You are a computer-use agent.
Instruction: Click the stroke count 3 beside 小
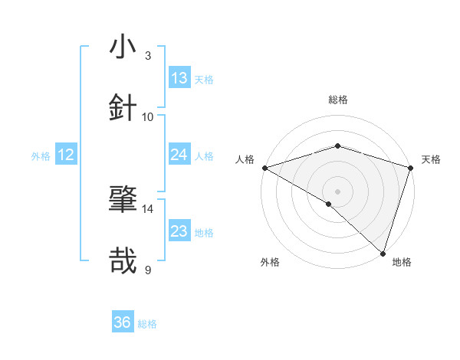[148, 55]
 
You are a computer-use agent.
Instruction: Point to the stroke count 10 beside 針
[148, 116]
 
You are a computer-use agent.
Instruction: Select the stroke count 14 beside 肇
[148, 208]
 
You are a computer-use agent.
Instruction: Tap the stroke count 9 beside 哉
[148, 270]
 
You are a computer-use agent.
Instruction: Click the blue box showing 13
[179, 78]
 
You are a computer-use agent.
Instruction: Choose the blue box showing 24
[179, 155]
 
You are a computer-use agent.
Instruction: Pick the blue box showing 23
[179, 231]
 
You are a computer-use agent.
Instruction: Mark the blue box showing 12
[66, 155]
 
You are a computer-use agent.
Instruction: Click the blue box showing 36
[123, 322]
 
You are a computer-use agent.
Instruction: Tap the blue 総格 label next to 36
[147, 324]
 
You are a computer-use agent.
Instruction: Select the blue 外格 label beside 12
[41, 156]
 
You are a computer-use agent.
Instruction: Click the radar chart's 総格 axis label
[338, 100]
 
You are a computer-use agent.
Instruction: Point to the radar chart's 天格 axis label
[432, 159]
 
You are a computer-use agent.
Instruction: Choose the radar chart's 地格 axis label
[402, 262]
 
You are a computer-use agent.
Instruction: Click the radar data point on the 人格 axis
[264, 168]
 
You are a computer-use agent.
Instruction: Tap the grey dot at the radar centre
[338, 191]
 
